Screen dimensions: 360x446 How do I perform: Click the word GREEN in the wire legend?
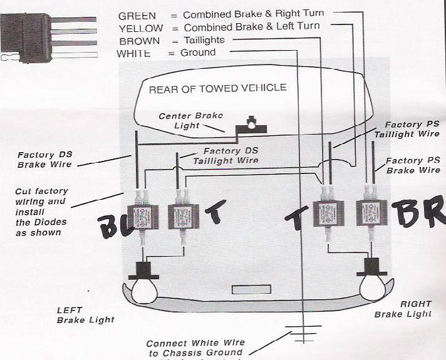tap(137, 14)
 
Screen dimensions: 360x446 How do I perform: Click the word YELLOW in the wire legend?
tap(140, 28)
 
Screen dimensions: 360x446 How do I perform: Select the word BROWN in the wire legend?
tap(139, 41)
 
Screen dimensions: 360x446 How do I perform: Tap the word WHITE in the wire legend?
tap(133, 54)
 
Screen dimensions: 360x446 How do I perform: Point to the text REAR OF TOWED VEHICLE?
tap(217, 88)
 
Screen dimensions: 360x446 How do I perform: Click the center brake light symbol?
tap(252, 123)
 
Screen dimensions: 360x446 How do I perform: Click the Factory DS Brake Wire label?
tap(44, 160)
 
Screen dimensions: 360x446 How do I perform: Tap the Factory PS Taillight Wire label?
tap(407, 130)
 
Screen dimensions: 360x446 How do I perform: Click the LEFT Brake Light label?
tap(85, 314)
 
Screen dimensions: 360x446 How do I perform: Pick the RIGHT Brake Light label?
tap(403, 309)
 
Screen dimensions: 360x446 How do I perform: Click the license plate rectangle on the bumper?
tap(246, 290)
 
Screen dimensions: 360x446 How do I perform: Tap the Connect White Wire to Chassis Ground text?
tap(195, 348)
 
